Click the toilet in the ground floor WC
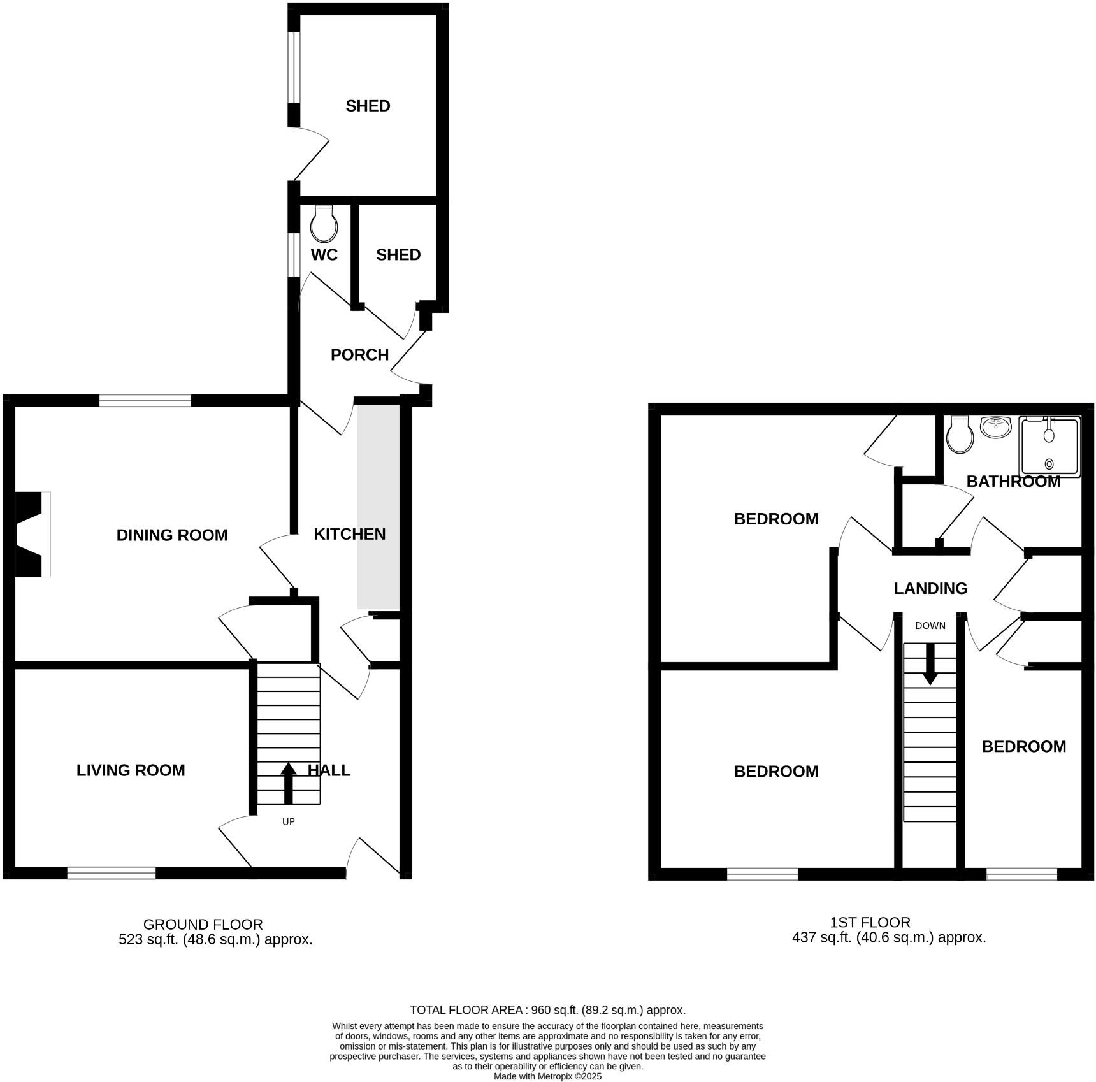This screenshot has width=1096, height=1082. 324,224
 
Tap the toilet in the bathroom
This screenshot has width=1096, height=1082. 960,435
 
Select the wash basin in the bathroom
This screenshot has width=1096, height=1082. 995,427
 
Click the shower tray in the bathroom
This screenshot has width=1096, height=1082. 1049,447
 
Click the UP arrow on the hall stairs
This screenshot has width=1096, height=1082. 288,783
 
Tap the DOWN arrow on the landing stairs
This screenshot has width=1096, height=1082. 930,664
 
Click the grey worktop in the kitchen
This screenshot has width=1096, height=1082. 378,507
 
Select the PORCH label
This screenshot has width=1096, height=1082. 359,355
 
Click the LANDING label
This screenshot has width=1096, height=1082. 930,588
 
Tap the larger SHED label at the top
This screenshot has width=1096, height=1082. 368,106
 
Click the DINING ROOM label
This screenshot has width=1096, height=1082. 171,535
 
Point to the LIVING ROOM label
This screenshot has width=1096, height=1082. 131,770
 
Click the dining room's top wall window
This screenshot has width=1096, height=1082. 145,400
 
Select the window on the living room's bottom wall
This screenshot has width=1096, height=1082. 112,873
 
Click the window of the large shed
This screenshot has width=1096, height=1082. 293,67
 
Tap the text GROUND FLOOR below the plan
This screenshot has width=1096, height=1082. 203,924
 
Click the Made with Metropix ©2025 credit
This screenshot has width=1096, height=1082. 547,1076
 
